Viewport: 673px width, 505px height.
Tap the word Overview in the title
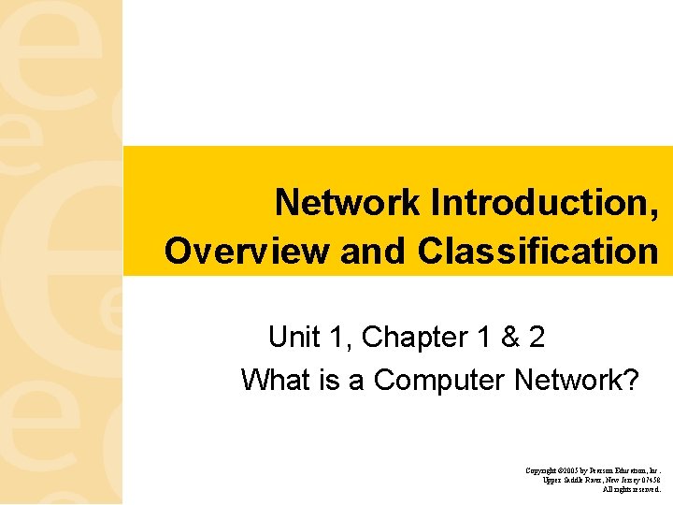[x=246, y=251]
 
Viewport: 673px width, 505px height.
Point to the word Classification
[x=537, y=251]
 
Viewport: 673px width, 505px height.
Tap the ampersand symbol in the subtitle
[x=510, y=336]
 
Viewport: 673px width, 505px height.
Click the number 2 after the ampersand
[x=537, y=336]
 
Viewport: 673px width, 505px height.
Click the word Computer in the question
[x=439, y=380]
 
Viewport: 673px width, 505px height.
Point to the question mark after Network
[x=631, y=380]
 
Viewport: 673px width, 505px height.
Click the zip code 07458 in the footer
[x=651, y=480]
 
